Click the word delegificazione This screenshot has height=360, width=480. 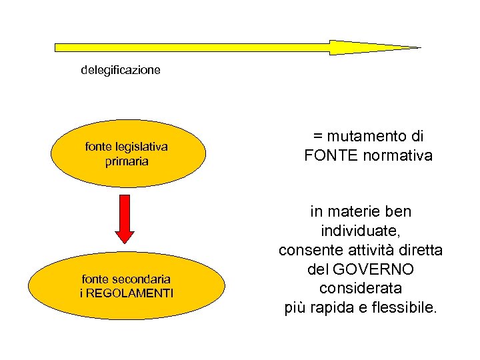[121, 70]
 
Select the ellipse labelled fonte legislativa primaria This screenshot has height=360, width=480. [127, 154]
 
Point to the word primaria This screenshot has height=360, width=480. [127, 161]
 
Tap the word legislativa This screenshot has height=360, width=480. [141, 147]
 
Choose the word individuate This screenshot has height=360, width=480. [361, 231]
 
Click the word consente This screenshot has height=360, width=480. [307, 251]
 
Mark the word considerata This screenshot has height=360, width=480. [361, 289]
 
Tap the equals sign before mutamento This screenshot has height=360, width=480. [317, 137]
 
